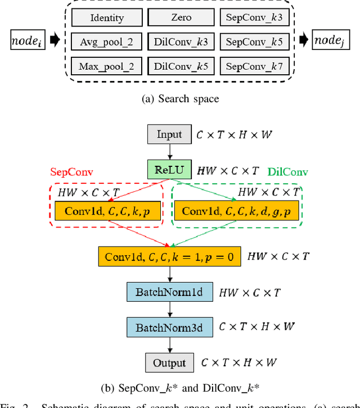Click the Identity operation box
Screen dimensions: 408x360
(x=106, y=17)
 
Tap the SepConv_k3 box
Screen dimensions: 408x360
(x=254, y=17)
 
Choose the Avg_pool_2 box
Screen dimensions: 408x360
(x=106, y=42)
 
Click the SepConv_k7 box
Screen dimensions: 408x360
(x=254, y=66)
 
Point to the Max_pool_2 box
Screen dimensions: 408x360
(x=106, y=66)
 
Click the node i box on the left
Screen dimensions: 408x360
(x=28, y=40)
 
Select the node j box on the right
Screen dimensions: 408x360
(x=331, y=40)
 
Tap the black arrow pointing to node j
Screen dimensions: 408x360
(x=303, y=40)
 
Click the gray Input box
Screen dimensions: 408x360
(x=169, y=134)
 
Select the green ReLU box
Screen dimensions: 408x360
(x=169, y=169)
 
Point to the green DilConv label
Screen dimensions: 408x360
(x=288, y=171)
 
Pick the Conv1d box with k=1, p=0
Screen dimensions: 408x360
(x=170, y=256)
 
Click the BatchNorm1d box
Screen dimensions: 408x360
(x=170, y=292)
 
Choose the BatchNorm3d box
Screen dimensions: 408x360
(x=170, y=327)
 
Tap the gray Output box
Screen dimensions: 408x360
(x=169, y=362)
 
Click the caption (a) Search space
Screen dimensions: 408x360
(x=180, y=99)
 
